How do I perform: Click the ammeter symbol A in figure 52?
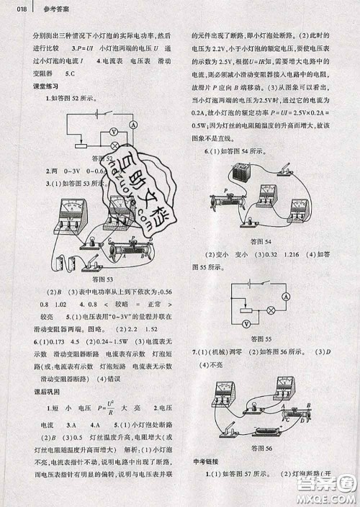tap(134, 125)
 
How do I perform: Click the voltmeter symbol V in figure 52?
tap(113, 132)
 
